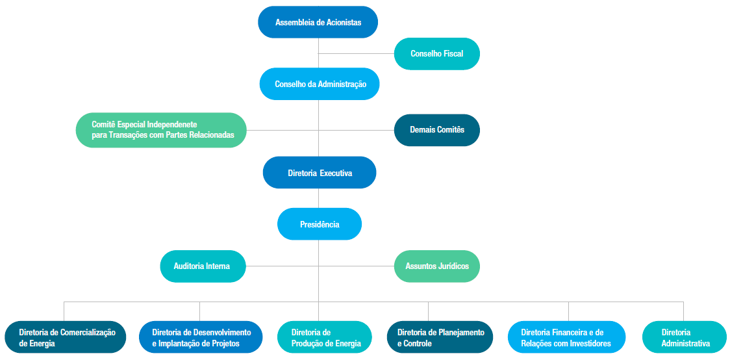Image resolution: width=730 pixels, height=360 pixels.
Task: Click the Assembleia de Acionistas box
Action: pos(318,22)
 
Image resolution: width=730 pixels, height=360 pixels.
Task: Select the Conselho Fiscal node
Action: pos(436,54)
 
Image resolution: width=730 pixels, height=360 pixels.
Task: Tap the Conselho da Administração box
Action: pos(320,84)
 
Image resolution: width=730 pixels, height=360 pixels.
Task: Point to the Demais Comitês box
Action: pos(436,130)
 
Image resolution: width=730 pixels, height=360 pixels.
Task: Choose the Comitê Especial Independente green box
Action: pos(161,130)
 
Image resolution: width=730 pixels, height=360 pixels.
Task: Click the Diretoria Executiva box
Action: pos(320,173)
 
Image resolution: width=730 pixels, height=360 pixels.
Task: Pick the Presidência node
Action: pos(320,224)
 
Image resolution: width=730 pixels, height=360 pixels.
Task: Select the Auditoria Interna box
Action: pos(203,266)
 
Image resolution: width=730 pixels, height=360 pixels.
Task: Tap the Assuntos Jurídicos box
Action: pos(436,266)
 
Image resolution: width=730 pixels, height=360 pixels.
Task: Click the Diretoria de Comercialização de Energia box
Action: pos(66,337)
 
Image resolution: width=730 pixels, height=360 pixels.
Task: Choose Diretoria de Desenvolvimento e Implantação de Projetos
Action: pos(201,337)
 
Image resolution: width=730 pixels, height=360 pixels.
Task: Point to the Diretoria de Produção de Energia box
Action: pos(325,337)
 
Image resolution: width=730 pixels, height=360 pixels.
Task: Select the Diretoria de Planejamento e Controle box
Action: pos(440,337)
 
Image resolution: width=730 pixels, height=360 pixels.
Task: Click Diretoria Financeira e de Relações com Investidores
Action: pos(566,337)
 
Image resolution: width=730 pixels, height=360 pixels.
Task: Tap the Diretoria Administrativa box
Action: pos(685,337)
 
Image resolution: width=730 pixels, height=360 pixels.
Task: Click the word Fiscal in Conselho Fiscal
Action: pos(453,54)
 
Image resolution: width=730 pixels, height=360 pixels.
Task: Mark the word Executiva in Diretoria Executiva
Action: pos(336,174)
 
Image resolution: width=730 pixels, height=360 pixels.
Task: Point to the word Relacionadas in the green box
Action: pos(210,135)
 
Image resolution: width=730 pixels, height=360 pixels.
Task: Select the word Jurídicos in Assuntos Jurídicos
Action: pos(453,266)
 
